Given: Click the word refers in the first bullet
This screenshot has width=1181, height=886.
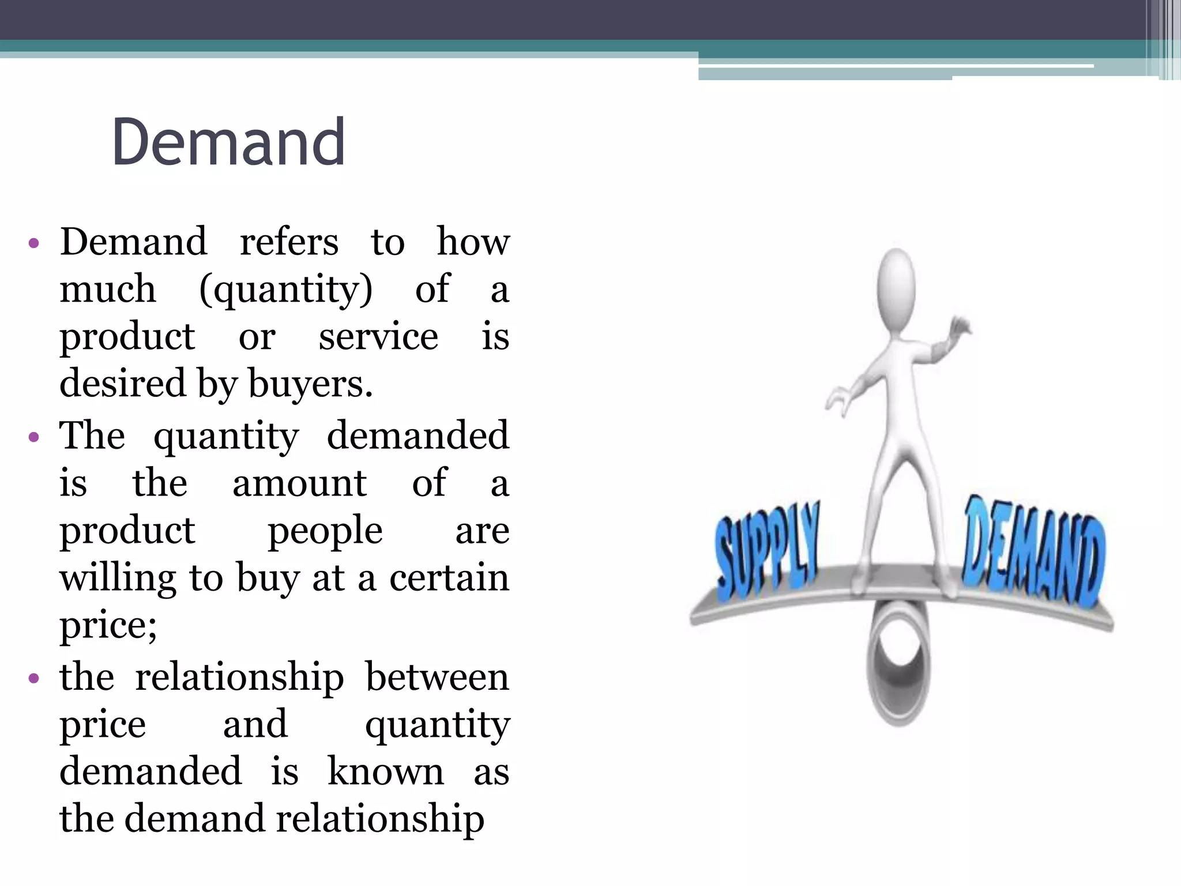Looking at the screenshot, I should pyautogui.click(x=289, y=242).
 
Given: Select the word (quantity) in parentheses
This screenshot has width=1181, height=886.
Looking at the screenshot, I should pyautogui.click(x=286, y=290).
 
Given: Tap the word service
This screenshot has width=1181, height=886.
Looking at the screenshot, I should pyautogui.click(x=378, y=337).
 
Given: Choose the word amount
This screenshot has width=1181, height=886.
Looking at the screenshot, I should pyautogui.click(x=299, y=483).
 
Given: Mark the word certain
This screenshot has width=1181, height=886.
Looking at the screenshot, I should pyautogui.click(x=449, y=578).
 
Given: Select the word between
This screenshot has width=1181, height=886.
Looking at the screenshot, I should pyautogui.click(x=437, y=677).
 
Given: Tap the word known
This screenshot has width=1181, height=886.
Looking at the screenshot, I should pyautogui.click(x=386, y=772).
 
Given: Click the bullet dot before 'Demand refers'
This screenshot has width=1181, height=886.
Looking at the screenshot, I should pyautogui.click(x=33, y=243).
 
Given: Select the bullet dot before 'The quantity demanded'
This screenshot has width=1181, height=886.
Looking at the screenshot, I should pyautogui.click(x=33, y=437).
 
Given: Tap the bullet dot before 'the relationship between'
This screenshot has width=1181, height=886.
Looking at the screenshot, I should pyautogui.click(x=33, y=678).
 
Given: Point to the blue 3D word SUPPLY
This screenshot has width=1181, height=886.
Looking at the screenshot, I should pyautogui.click(x=767, y=551).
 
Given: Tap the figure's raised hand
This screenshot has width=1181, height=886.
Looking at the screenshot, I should pyautogui.click(x=960, y=329).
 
